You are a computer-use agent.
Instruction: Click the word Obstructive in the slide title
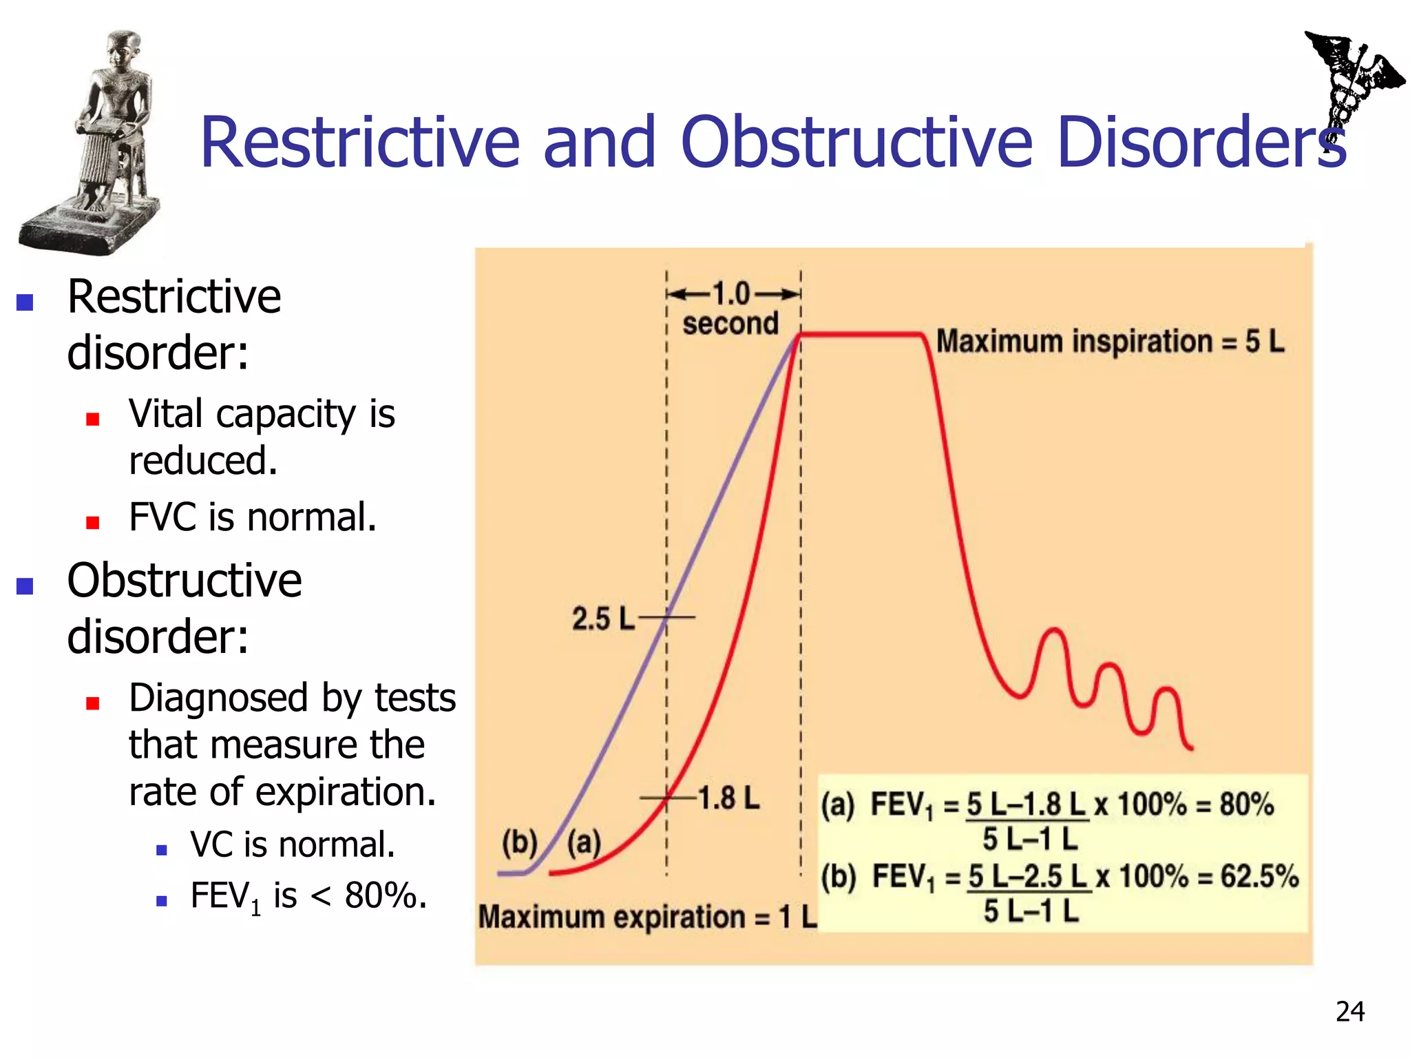click(x=856, y=143)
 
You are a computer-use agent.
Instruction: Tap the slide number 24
click(x=1349, y=1011)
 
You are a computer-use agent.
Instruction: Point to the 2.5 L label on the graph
click(x=602, y=618)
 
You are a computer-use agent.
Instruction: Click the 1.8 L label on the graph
click(x=728, y=798)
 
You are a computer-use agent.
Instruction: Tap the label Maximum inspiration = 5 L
click(x=1110, y=342)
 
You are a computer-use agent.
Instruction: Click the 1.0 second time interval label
click(x=731, y=309)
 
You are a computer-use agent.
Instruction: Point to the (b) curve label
click(x=519, y=842)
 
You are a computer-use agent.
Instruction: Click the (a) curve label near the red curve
click(x=584, y=842)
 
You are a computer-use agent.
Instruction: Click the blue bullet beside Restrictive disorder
click(x=25, y=302)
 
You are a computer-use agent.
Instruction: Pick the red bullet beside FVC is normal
click(x=93, y=523)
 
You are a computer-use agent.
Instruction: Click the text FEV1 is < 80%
click(x=308, y=896)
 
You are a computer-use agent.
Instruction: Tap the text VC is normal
click(x=293, y=844)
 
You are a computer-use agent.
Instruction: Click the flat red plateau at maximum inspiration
click(x=861, y=335)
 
